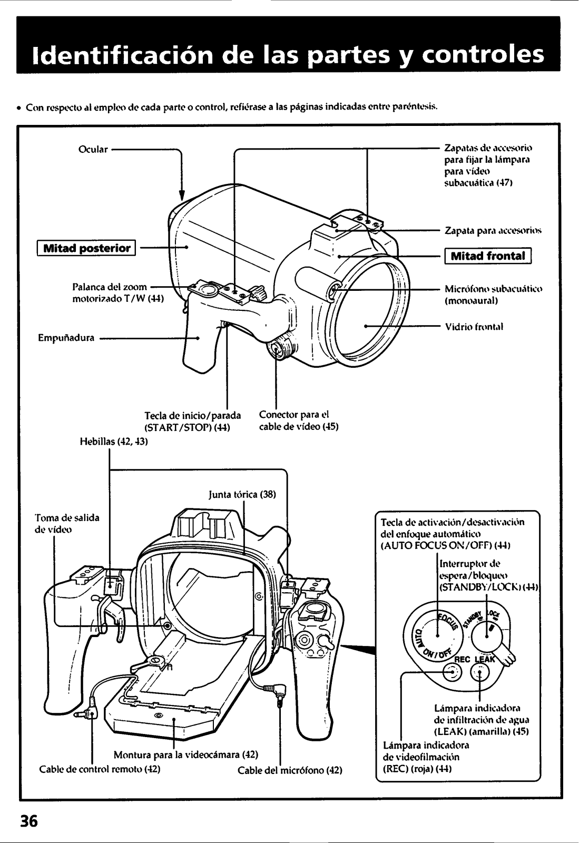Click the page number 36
[30, 821]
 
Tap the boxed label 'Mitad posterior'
[86, 248]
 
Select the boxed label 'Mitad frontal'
[488, 257]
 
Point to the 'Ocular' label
[93, 149]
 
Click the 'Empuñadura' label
[66, 338]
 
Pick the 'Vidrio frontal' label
[474, 327]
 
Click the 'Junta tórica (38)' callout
[242, 495]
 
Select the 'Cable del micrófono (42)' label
[290, 770]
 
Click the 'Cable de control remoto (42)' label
[100, 769]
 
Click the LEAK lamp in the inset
[480, 673]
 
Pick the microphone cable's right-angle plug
[279, 690]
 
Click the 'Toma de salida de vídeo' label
[67, 524]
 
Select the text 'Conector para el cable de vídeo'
[298, 420]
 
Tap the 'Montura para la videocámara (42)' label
[185, 754]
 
